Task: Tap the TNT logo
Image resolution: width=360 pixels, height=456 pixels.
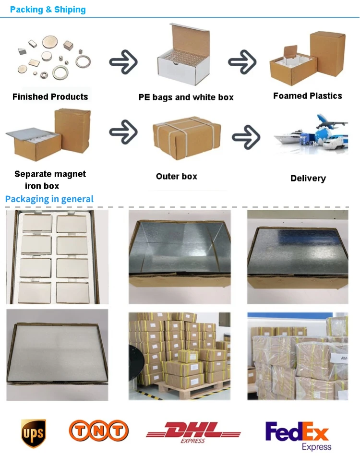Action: (99, 431)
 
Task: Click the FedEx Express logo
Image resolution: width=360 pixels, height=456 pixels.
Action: (298, 434)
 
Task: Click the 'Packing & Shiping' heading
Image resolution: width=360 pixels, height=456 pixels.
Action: (48, 10)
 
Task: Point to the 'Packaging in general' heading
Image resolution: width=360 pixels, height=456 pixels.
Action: (49, 199)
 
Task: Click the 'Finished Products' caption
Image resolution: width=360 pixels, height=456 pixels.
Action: (50, 96)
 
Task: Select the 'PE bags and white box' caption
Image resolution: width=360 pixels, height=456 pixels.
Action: (186, 97)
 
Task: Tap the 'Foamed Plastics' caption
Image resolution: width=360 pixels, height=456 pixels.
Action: (308, 96)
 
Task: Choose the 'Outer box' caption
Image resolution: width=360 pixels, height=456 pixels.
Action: (176, 176)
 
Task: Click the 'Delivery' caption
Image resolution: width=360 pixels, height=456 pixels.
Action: (308, 178)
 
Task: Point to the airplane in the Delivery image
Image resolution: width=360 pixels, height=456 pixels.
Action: (331, 120)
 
